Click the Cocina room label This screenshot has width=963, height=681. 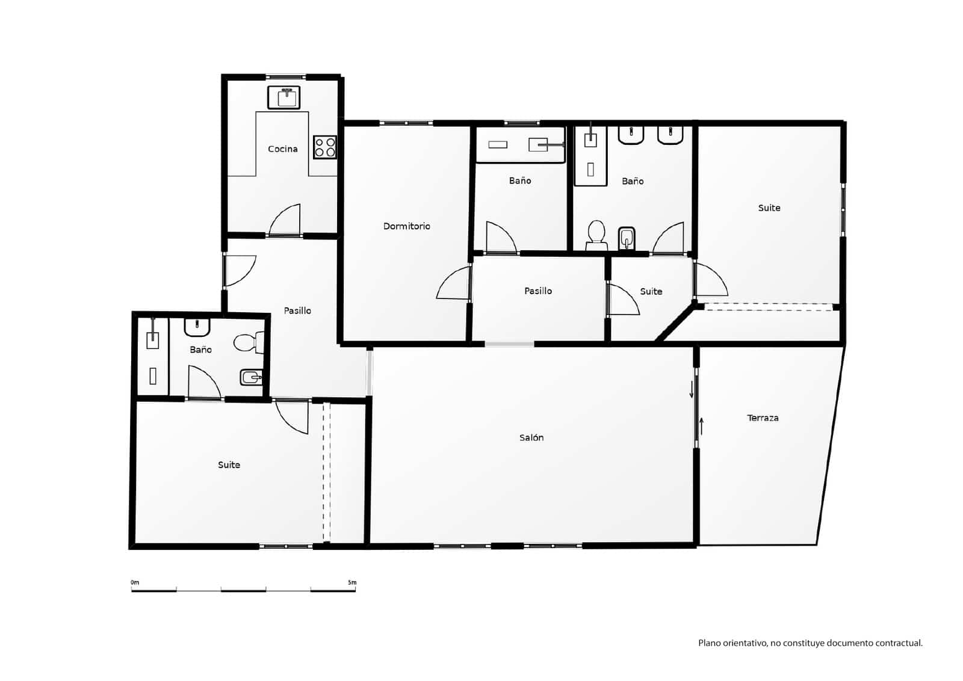coord(282,149)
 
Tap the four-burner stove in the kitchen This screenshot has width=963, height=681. coord(325,147)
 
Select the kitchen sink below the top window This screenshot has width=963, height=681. coord(284,97)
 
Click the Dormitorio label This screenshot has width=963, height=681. coord(407,226)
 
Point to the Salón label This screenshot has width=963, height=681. coord(531,437)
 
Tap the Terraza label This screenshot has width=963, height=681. coord(763,418)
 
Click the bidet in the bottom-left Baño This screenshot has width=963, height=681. coord(250,378)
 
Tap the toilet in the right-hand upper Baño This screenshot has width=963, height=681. coord(596,235)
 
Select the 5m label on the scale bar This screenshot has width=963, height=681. coord(352,582)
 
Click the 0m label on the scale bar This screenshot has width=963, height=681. coord(135,582)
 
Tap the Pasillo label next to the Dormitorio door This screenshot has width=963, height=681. coord(538,291)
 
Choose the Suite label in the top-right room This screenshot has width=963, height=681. coord(769,208)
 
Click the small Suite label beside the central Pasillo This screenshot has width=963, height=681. coord(651,291)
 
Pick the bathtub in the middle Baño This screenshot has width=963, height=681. coord(521,144)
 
